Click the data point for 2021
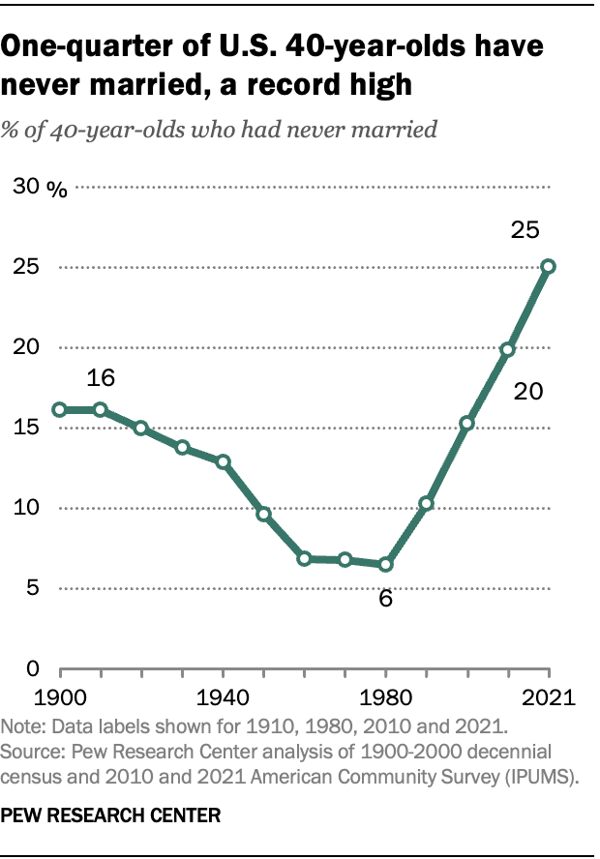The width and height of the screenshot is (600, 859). [549, 266]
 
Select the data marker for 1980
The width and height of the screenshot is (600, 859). [385, 564]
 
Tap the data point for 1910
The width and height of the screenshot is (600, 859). [100, 410]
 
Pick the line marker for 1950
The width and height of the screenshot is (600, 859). [263, 514]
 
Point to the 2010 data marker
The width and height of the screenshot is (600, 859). [507, 349]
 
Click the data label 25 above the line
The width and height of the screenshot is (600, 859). [525, 230]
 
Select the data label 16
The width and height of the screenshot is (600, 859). [102, 375]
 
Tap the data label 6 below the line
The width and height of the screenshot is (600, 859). [385, 599]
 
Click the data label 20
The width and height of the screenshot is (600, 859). [527, 392]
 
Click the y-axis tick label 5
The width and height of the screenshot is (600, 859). [32, 588]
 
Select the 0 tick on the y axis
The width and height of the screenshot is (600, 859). [32, 668]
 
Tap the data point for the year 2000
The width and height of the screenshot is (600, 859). [466, 424]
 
